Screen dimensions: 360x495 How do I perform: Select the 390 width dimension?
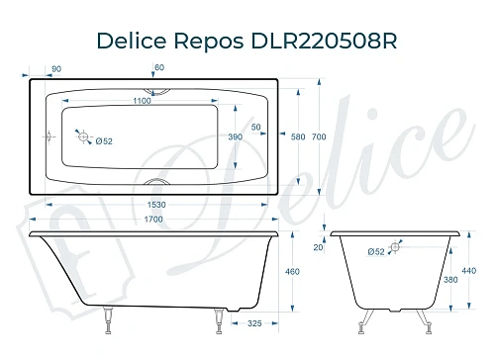click(236, 136)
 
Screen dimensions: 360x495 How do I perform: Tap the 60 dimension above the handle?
click(159, 67)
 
